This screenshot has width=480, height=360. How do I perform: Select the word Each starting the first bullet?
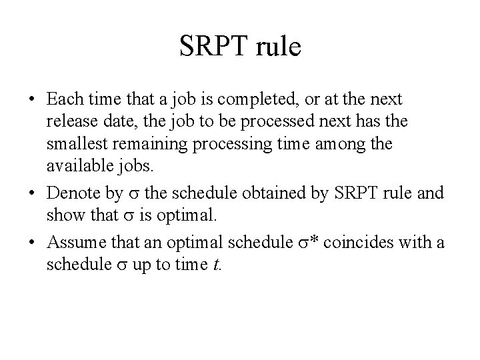point(63,99)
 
